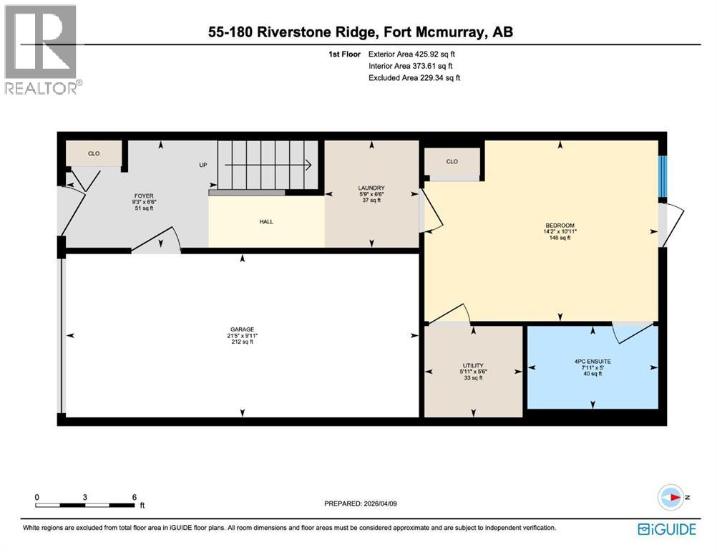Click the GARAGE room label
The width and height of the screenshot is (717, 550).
(x=242, y=329)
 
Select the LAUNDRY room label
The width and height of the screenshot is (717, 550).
(x=371, y=188)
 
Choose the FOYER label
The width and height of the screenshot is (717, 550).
(x=144, y=196)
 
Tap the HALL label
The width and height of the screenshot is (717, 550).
(x=266, y=221)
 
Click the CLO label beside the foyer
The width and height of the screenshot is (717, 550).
(x=94, y=153)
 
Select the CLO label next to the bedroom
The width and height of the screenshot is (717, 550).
(x=452, y=162)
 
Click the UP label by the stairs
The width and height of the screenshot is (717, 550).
(x=203, y=165)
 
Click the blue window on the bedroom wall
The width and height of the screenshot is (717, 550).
(x=662, y=175)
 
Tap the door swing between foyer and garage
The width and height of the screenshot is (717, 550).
(x=156, y=241)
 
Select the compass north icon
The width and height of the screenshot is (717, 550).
(x=670, y=497)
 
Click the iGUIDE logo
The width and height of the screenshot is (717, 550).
(x=666, y=529)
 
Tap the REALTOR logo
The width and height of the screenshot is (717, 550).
(x=42, y=49)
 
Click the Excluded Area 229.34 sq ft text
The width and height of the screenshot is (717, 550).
(x=414, y=77)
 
